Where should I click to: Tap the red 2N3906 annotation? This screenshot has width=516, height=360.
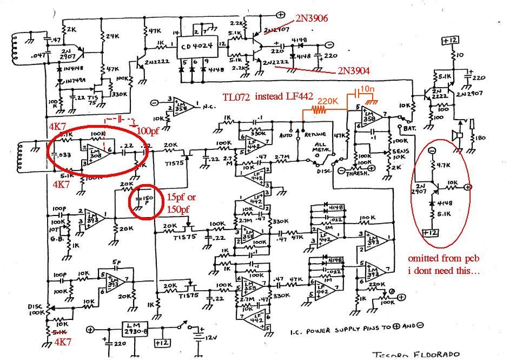click(311, 18)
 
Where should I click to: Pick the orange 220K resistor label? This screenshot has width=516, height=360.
click(328, 101)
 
